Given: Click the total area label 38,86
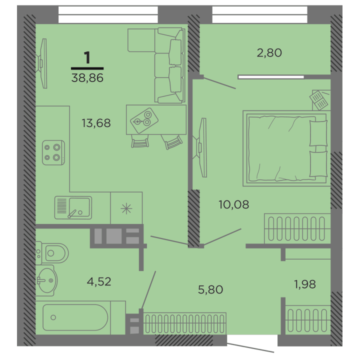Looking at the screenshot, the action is coord(87,78).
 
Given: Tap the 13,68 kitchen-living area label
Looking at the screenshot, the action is coord(96,123).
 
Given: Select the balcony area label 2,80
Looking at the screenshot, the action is coord(269,53).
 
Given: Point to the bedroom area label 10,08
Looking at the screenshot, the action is coord(233,204).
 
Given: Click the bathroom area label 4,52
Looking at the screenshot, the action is coord(99,281).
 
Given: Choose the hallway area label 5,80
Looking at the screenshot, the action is coord(210,289).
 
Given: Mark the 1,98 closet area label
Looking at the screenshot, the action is coord(305,284).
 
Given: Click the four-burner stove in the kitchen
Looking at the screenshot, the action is coord(53,152).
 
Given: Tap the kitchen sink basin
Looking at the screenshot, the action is coord(79,207).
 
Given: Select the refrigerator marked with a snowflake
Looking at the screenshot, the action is coord(126,208).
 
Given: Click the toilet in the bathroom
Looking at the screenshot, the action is coord(52,253).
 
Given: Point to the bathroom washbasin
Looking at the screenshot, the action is coord(47,280).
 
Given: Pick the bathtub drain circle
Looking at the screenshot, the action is coord(53,317).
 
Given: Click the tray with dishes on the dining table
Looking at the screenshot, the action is coord(144,120).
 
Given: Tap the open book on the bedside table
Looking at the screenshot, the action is coord(318,100).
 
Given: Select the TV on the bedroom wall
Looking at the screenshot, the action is coord(200,147).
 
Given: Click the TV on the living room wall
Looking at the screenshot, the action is coord(42,63).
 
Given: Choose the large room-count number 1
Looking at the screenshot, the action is coord(87,57).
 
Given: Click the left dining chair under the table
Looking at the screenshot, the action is coord(140,141).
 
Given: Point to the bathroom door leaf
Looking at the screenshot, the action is coord(148,290).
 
